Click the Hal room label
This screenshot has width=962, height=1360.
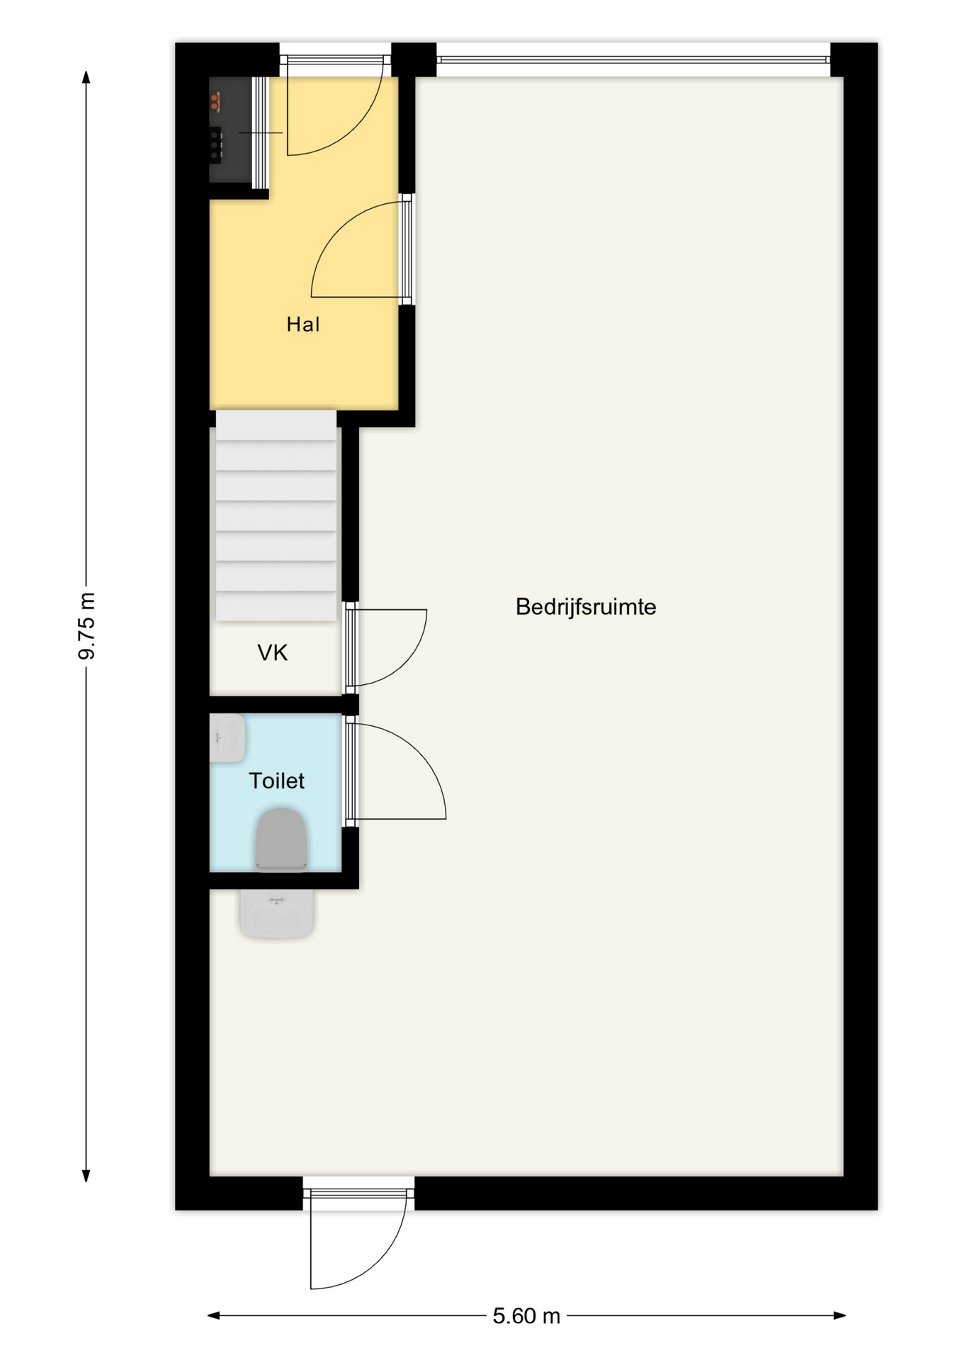point(302,324)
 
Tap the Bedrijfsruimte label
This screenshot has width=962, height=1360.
point(586,607)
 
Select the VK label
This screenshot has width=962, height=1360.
point(273,652)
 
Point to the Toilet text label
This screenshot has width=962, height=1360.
point(276,781)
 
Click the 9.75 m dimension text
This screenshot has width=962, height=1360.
point(86,626)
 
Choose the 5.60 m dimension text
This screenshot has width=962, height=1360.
point(526,1316)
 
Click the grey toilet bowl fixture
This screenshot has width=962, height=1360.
point(281,839)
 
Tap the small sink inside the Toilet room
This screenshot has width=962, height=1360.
point(227,738)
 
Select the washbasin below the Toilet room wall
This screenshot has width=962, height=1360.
point(277,914)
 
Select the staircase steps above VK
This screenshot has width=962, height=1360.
point(276,516)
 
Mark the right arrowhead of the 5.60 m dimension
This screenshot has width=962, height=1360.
point(840,1316)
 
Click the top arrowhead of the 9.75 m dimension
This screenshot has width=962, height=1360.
point(86,76)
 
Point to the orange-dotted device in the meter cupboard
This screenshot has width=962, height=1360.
point(215,101)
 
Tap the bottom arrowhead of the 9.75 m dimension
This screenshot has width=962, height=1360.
point(86,1177)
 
